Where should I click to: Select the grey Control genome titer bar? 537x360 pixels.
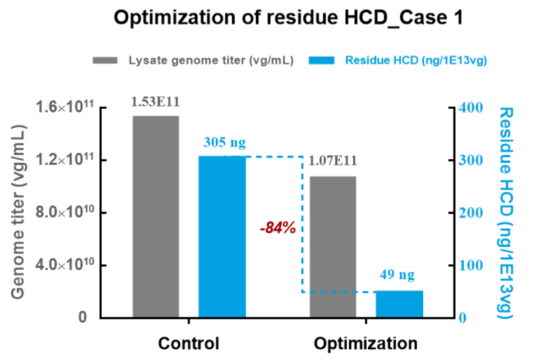click(x=155, y=216)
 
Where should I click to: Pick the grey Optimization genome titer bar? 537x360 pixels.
click(x=332, y=247)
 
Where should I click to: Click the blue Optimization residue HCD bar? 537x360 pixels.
click(x=399, y=304)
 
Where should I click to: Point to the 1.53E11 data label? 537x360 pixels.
click(x=155, y=102)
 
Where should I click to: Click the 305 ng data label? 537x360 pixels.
click(x=223, y=143)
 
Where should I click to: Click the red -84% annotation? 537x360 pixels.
click(x=277, y=229)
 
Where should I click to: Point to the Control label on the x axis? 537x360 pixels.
click(x=188, y=343)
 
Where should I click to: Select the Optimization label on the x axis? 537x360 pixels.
click(x=365, y=343)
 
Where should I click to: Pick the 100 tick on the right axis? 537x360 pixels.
click(x=470, y=265)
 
